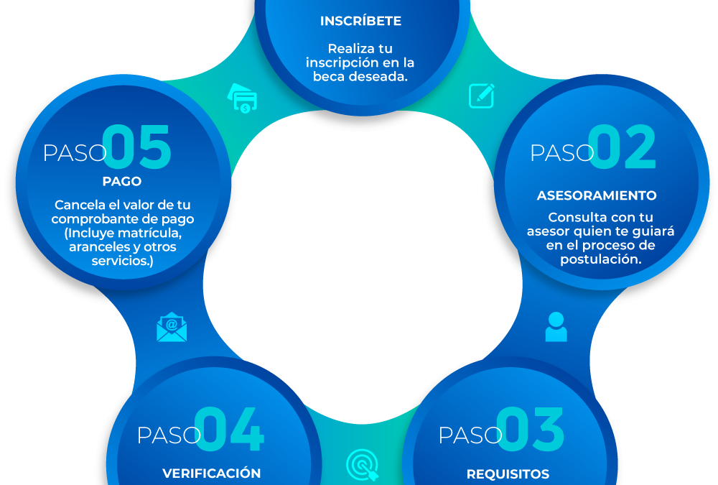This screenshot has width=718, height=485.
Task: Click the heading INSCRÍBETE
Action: pyautogui.click(x=360, y=21)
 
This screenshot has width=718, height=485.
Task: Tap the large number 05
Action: pyautogui.click(x=137, y=147)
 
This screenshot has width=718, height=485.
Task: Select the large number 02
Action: pyautogui.click(x=623, y=147)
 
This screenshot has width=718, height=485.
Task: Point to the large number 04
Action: pyautogui.click(x=230, y=429)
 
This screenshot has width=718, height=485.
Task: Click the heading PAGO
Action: pyautogui.click(x=122, y=182)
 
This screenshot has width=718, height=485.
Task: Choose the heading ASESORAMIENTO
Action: pyautogui.click(x=597, y=195)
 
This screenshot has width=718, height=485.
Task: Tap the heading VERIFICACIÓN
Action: pyautogui.click(x=212, y=473)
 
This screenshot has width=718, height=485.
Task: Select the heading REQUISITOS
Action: pyautogui.click(x=508, y=474)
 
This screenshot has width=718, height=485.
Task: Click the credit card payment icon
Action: pyautogui.click(x=242, y=98)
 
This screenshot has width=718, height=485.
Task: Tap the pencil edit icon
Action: pyautogui.click(x=481, y=96)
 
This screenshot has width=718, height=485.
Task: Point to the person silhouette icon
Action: pyautogui.click(x=556, y=327)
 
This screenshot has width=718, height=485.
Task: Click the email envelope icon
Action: pyautogui.click(x=172, y=328)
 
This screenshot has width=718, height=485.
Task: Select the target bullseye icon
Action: pyautogui.click(x=363, y=465)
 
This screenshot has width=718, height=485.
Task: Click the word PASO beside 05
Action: pyautogui.click(x=75, y=153)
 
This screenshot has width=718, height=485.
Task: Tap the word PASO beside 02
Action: pyautogui.click(x=562, y=153)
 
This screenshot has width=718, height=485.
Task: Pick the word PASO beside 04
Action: pyautogui.click(x=169, y=435)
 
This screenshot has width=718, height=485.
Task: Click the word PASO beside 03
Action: pyautogui.click(x=470, y=435)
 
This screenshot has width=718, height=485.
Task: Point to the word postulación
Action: pyautogui.click(x=600, y=259)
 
